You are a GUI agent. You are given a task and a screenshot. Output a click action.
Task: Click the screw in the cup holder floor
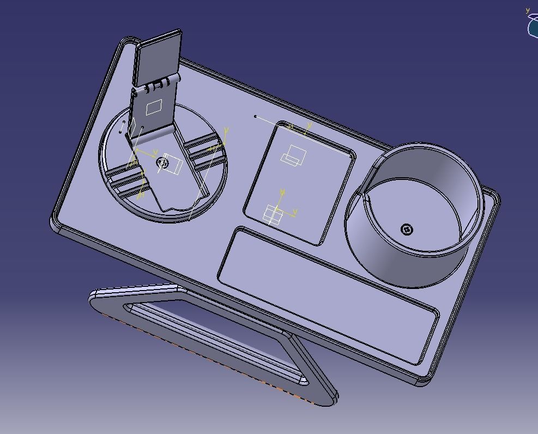407,230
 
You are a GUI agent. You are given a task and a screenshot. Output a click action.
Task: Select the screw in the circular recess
162,162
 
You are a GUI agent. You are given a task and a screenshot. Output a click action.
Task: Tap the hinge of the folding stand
159,84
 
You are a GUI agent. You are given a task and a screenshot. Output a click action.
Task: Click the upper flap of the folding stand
158,57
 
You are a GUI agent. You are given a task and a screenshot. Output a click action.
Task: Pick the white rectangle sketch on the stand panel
154,106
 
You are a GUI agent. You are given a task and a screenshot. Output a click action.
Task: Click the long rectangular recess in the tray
327,294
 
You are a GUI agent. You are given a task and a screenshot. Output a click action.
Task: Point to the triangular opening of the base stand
218,338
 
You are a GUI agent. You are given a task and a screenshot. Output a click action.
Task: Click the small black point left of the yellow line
255,116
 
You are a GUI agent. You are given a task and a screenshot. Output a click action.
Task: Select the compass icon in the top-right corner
533,25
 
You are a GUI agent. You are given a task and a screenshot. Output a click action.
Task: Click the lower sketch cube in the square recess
272,215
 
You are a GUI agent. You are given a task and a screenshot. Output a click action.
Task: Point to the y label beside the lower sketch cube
295,211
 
